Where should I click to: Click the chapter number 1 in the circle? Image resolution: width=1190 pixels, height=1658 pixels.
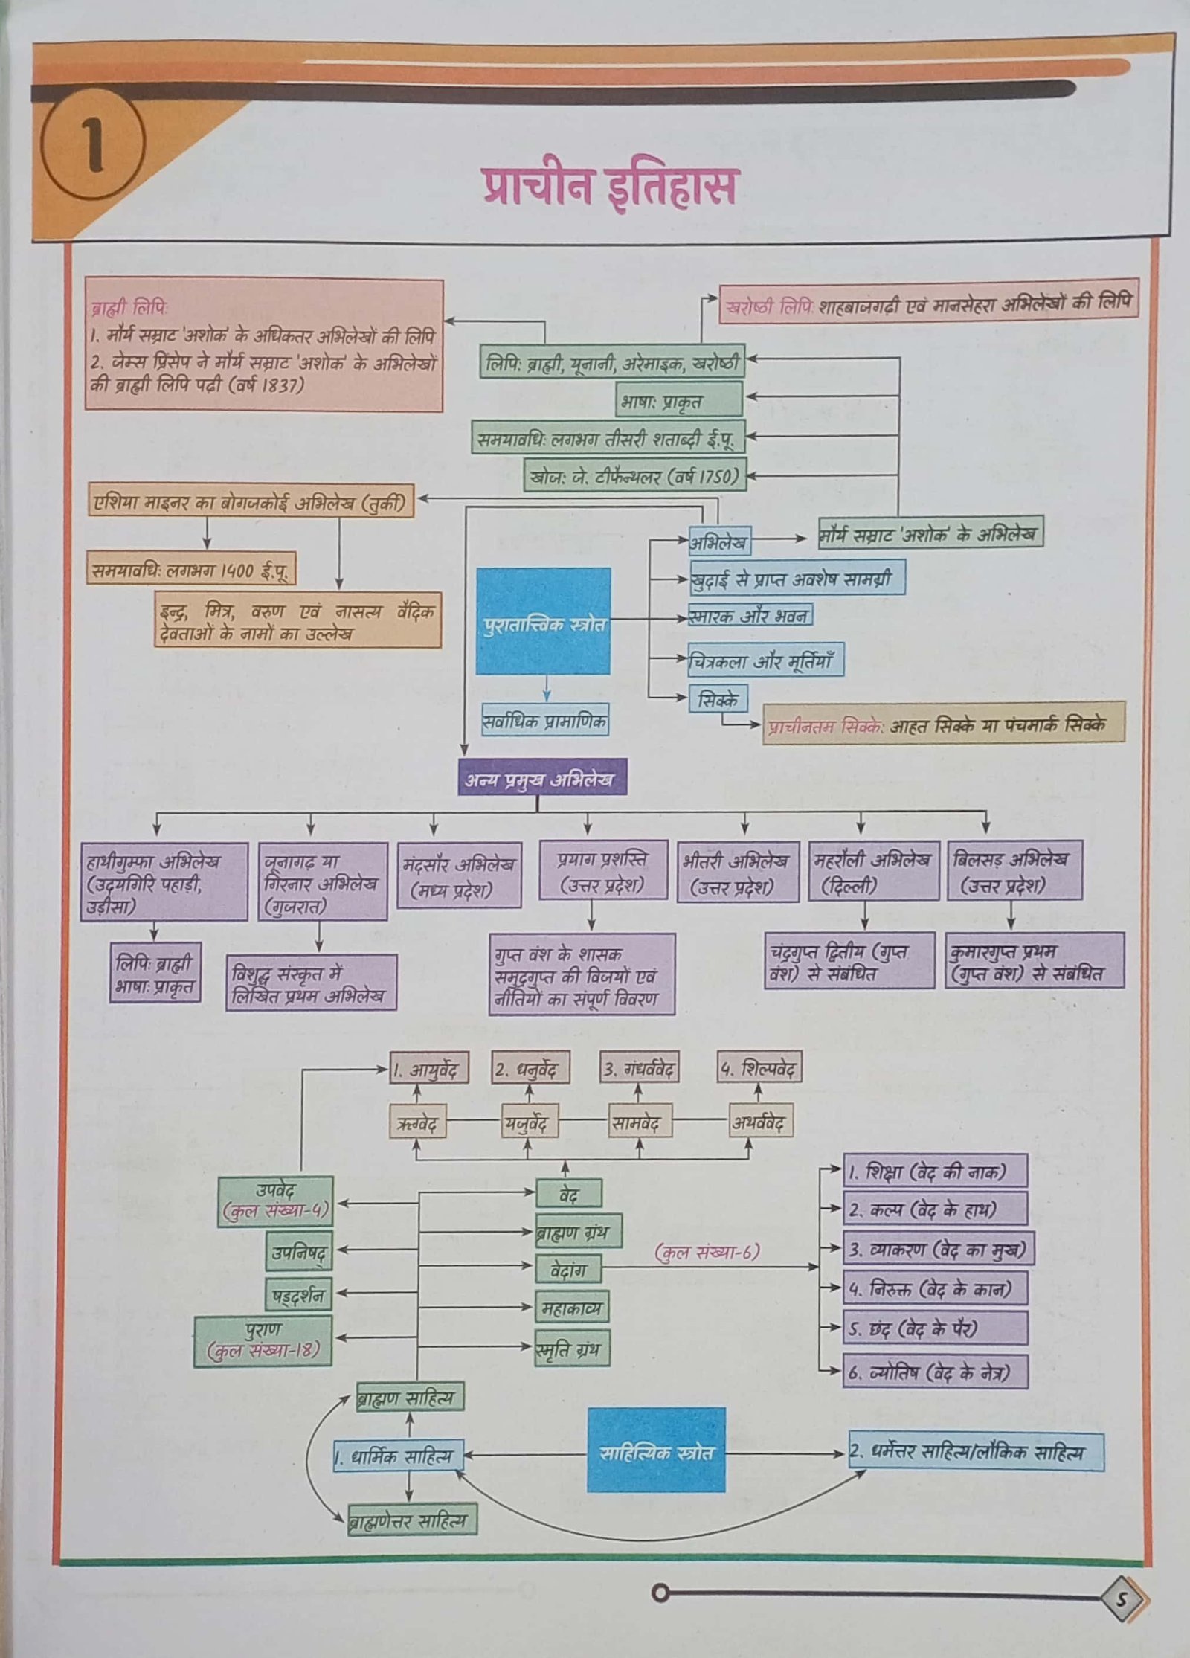click(x=93, y=146)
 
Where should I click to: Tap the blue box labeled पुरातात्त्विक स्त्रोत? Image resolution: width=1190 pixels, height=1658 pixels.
click(x=543, y=621)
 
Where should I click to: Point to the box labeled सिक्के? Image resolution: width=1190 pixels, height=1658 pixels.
click(x=718, y=699)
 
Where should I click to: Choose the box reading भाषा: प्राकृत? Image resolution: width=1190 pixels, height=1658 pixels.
click(x=678, y=399)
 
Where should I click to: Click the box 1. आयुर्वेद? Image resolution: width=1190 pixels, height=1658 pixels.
click(x=429, y=1069)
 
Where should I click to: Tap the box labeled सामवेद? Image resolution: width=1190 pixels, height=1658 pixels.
click(x=640, y=1122)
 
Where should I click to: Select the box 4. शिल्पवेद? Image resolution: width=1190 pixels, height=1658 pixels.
click(x=759, y=1069)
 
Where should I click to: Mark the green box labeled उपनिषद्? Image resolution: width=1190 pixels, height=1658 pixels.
click(x=299, y=1253)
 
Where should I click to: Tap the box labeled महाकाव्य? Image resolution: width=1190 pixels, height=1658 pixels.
click(x=572, y=1307)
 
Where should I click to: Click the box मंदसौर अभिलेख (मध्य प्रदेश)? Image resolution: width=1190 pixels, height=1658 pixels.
click(x=458, y=875)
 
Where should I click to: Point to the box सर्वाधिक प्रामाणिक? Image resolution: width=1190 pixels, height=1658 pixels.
click(x=544, y=720)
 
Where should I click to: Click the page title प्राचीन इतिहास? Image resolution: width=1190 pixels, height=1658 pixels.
click(x=608, y=186)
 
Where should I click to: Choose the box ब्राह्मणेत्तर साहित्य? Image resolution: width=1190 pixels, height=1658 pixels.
click(x=411, y=1518)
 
